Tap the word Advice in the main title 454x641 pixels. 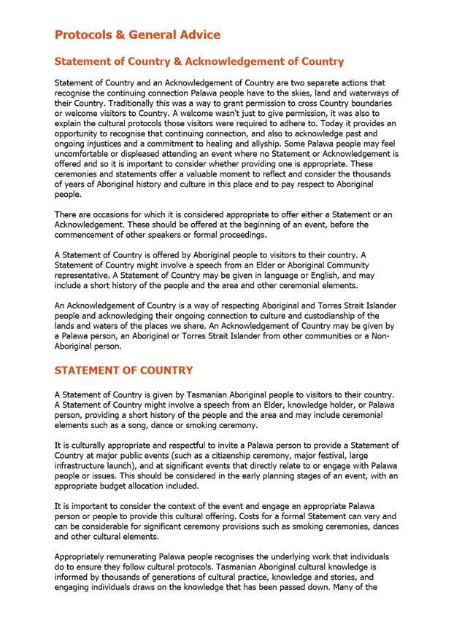(x=197, y=34)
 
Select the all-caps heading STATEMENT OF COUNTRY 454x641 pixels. (x=124, y=371)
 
